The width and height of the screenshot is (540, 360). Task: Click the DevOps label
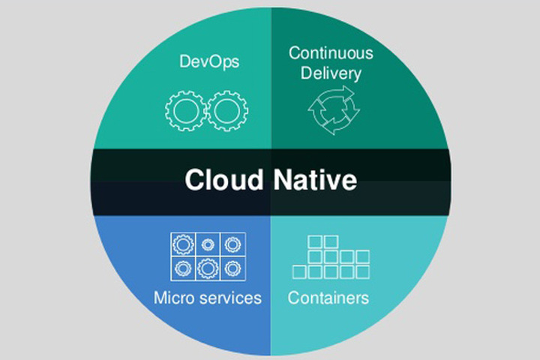(209, 61)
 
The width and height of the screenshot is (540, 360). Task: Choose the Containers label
(328, 298)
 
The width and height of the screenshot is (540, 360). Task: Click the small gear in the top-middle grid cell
(208, 244)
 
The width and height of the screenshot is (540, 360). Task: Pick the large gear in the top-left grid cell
(182, 244)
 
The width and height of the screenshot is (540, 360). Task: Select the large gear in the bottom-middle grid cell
(208, 268)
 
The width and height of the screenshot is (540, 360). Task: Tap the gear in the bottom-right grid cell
(232, 268)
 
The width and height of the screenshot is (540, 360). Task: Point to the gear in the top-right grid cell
(232, 244)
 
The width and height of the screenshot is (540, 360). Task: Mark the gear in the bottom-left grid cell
(182, 268)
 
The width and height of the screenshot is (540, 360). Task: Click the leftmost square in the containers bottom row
(298, 271)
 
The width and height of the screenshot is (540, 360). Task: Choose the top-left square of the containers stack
(315, 241)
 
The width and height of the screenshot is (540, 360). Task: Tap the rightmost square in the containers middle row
(363, 256)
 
